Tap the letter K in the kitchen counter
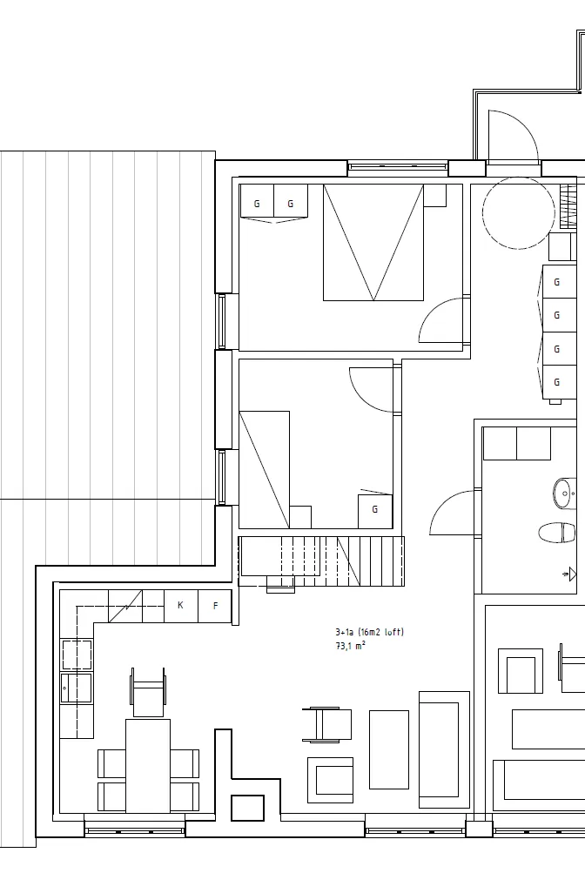point(181,605)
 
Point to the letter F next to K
point(215,605)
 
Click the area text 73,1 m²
point(350,646)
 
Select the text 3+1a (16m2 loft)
point(369,633)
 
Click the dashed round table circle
point(518,214)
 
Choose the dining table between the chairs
point(147,765)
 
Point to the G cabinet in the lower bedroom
point(375,510)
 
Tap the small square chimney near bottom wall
point(247,808)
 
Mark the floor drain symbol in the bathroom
point(568,574)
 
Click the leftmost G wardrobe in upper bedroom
point(257,204)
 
